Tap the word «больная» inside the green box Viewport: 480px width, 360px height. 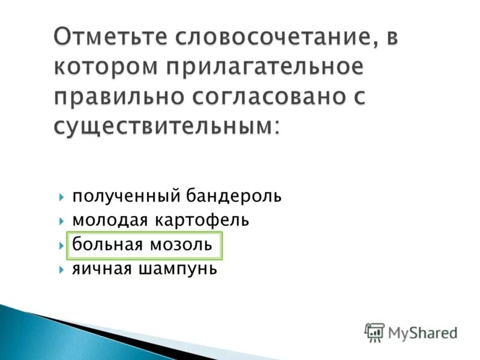point(107,245)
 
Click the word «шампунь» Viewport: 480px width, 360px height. point(179,270)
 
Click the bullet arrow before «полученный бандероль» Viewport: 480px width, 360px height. point(62,197)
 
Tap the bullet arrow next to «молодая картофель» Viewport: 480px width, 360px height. point(62,221)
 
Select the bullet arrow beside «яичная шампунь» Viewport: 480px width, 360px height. point(62,270)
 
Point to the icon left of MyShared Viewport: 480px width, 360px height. point(374,332)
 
